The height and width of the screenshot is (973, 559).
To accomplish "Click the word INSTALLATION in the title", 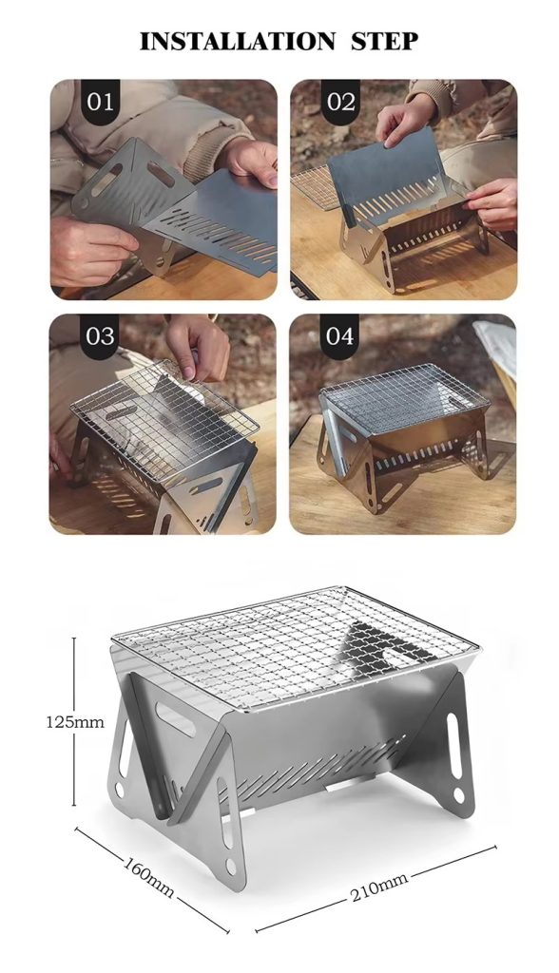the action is point(238,41).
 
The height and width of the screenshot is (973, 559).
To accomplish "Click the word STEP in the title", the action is point(385,41).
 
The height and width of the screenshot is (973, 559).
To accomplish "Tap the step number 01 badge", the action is point(100,102).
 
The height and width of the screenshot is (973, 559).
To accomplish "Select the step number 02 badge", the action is point(340,102).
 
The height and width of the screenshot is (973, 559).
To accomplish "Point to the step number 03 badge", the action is point(100,336).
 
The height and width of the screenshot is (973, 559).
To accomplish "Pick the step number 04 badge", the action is point(339,336).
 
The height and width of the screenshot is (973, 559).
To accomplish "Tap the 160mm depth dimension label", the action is point(148,876).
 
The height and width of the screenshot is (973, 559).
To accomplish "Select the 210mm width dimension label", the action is point(379,887).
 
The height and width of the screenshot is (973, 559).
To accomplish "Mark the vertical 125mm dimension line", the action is point(74,721).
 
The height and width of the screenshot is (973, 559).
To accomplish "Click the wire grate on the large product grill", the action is point(295,645).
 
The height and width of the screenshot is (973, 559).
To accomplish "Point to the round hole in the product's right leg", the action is point(458,794).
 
